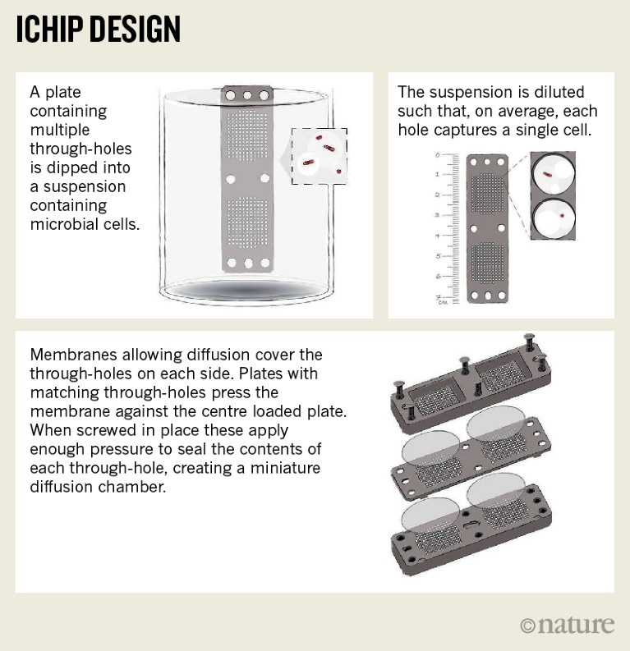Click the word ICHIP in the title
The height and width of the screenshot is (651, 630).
click(49, 29)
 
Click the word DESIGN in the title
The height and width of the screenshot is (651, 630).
click(135, 29)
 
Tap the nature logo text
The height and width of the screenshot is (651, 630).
click(568, 625)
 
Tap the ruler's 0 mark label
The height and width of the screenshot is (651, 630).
click(437, 155)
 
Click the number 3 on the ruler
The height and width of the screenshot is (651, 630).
click(437, 214)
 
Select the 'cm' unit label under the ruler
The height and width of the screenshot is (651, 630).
click(443, 303)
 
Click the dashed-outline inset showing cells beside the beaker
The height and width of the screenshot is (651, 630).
click(320, 156)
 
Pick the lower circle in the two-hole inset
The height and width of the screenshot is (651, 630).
click(553, 218)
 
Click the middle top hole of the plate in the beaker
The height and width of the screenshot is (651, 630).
click(247, 95)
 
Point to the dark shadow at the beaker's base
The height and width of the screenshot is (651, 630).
click(245, 290)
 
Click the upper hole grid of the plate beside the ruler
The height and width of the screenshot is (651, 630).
click(487, 193)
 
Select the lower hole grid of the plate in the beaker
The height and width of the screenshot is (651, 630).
click(247, 222)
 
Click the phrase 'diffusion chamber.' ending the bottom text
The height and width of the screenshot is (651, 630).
click(98, 487)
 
